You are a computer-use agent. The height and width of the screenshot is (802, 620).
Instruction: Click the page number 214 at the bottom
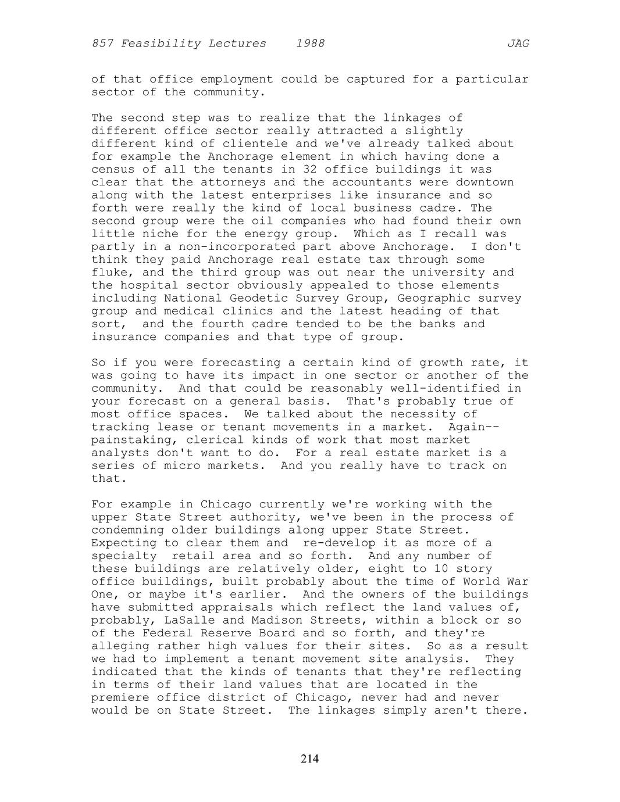coord(309,758)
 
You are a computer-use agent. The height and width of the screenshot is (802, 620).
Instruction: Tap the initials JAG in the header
coord(518,44)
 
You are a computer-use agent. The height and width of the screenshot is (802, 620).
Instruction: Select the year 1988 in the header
coord(310,44)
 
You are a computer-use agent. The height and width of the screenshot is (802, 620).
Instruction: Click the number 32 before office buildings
coord(310,170)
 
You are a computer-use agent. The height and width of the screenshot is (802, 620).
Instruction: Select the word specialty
coord(124,556)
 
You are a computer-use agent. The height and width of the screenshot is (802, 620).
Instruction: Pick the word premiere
coord(120,697)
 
